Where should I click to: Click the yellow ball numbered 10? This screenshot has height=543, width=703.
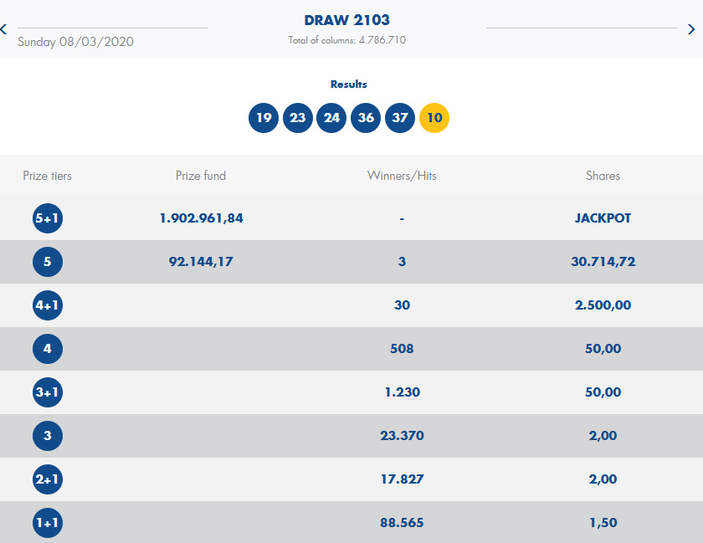pos(434,117)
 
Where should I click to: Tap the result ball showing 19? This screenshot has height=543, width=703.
pos(264,117)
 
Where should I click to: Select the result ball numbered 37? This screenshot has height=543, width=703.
pos(400,117)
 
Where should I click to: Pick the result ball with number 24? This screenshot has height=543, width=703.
pos(331,117)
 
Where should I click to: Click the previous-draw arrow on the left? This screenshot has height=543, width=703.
pos(4,29)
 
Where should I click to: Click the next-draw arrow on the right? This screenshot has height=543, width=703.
pos(691,29)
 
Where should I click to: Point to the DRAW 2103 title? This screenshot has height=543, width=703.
pos(347,20)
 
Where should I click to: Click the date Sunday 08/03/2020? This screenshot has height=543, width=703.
pos(75,42)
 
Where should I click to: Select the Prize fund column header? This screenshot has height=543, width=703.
pos(201,176)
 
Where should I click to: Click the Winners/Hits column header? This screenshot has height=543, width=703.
pos(402,176)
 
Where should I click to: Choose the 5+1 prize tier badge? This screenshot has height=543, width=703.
pos(48,219)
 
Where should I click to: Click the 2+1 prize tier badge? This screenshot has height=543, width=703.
pos(48,479)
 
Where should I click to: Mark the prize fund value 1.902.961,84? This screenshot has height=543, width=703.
pos(201,218)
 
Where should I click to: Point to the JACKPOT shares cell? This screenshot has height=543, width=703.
pos(603,218)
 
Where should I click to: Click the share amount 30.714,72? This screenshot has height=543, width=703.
pos(603,262)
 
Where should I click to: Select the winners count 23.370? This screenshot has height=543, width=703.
pos(402,436)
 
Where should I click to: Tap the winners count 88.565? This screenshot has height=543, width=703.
pos(402,523)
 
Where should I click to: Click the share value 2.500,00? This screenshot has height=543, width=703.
pos(603,305)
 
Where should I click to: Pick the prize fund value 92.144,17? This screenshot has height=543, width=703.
pos(201,262)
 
